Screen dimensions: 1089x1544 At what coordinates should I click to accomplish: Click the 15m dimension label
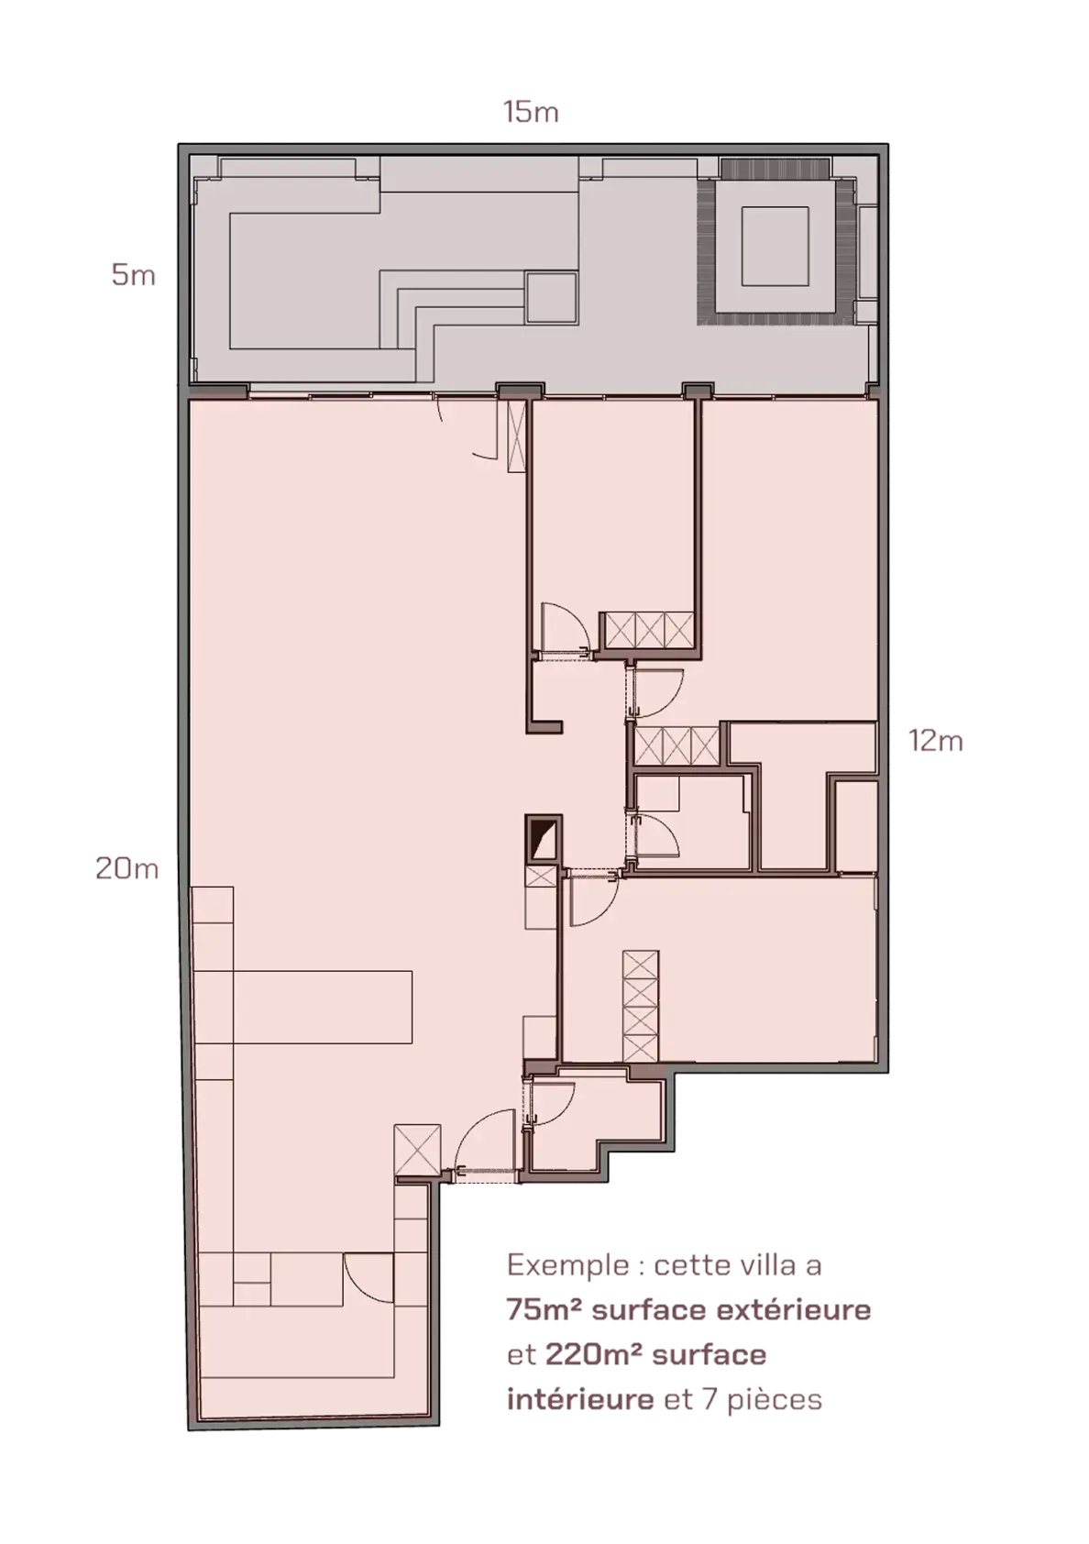pyautogui.click(x=530, y=113)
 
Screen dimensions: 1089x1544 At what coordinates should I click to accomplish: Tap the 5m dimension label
pyautogui.click(x=133, y=276)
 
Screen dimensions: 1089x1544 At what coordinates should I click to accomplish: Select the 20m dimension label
pyautogui.click(x=126, y=868)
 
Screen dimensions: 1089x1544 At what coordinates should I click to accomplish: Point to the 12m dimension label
pyautogui.click(x=935, y=741)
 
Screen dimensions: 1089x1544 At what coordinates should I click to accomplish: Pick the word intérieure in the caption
pyautogui.click(x=580, y=1399)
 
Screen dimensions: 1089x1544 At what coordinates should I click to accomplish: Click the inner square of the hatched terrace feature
pyautogui.click(x=775, y=246)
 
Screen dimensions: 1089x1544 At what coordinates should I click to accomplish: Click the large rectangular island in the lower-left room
pyautogui.click(x=323, y=1007)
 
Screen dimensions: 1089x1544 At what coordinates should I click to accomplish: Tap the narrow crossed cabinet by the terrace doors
pyautogui.click(x=516, y=436)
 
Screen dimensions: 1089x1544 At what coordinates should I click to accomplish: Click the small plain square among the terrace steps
pyautogui.click(x=551, y=298)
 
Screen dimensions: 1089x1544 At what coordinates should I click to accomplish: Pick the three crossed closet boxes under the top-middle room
pyautogui.click(x=649, y=630)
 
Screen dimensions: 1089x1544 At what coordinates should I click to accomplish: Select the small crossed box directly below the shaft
pyautogui.click(x=540, y=877)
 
